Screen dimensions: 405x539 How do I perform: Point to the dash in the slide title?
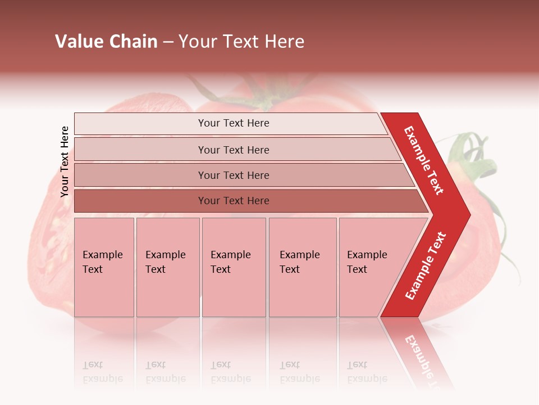(168, 42)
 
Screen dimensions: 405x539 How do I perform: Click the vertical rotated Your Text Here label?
(65, 161)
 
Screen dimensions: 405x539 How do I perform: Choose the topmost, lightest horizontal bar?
(234, 123)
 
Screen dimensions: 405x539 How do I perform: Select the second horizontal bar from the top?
(234, 150)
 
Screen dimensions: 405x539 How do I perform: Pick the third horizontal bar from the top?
(234, 175)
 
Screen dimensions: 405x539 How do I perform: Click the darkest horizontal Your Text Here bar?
(234, 201)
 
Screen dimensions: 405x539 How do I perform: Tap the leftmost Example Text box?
(104, 267)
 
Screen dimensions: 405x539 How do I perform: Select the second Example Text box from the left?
(167, 267)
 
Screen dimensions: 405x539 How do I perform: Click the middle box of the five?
(234, 267)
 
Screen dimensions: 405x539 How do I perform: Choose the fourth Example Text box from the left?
(302, 267)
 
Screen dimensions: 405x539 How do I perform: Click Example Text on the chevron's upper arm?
(424, 160)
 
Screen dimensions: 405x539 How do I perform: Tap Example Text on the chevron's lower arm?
(426, 266)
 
